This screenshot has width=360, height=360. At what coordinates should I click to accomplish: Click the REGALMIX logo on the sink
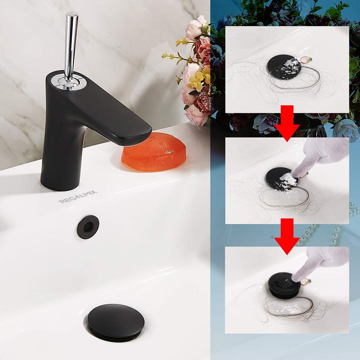(78, 197)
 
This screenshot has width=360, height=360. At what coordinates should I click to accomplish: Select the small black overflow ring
(88, 227)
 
